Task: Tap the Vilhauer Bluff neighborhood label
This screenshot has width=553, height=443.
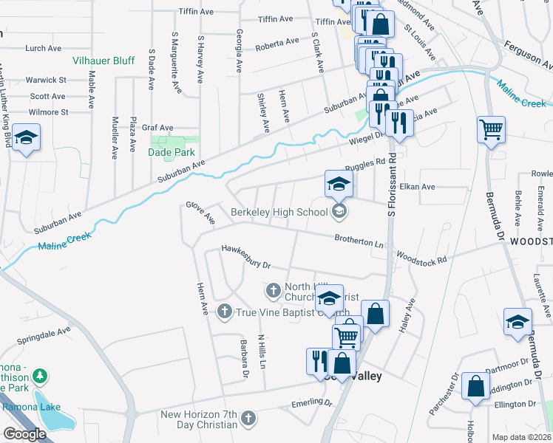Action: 104,61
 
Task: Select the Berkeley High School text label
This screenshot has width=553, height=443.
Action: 279,213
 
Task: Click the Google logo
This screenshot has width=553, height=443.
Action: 24,434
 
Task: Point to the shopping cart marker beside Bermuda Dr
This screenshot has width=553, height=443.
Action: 491,131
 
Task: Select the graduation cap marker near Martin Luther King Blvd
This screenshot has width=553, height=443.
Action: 26,138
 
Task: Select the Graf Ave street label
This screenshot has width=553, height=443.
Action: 157,127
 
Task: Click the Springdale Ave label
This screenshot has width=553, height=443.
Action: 44,337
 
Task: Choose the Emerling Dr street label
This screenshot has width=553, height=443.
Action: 311,402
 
